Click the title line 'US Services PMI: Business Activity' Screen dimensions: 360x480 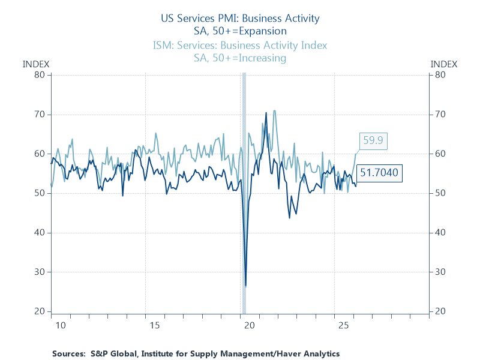pyautogui.click(x=240, y=18)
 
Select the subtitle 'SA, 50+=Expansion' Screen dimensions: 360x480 pyautogui.click(x=240, y=31)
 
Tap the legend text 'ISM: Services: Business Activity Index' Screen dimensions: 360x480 pyautogui.click(x=240, y=46)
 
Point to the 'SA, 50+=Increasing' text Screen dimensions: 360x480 pyautogui.click(x=240, y=58)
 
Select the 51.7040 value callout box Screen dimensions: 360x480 pyautogui.click(x=379, y=173)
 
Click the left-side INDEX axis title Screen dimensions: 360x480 pyautogui.click(x=36, y=64)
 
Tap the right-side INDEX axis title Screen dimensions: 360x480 pyautogui.click(x=444, y=64)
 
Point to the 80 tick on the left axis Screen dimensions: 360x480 pyautogui.click(x=40, y=75)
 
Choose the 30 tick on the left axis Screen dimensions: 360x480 pyautogui.click(x=40, y=272)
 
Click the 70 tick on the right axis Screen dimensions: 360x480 pyautogui.click(x=440, y=114)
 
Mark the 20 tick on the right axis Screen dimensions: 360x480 pyautogui.click(x=440, y=311)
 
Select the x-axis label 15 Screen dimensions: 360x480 pyautogui.click(x=155, y=325)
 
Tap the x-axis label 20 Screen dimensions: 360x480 pyautogui.click(x=250, y=325)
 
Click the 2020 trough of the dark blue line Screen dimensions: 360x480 pyautogui.click(x=246, y=286)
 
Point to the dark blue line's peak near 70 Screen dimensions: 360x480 pyautogui.click(x=266, y=113)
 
